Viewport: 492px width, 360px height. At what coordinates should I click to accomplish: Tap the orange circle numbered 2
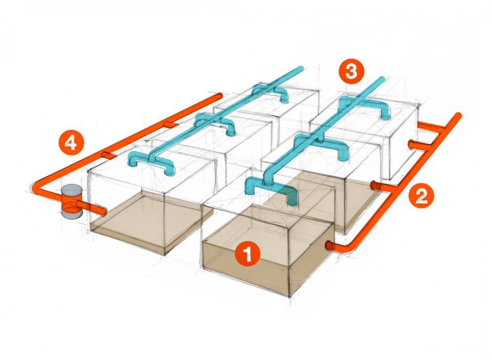click(421, 195)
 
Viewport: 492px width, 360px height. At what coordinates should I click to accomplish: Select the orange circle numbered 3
click(351, 71)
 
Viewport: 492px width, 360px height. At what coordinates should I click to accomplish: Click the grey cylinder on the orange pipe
click(72, 202)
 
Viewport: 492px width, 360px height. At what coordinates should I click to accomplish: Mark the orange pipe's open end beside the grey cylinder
click(104, 211)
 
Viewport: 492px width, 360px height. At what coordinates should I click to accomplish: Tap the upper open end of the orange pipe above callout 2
click(459, 116)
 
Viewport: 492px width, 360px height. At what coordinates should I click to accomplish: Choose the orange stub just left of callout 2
click(376, 184)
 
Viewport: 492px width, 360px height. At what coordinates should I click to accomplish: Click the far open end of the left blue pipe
click(300, 69)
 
